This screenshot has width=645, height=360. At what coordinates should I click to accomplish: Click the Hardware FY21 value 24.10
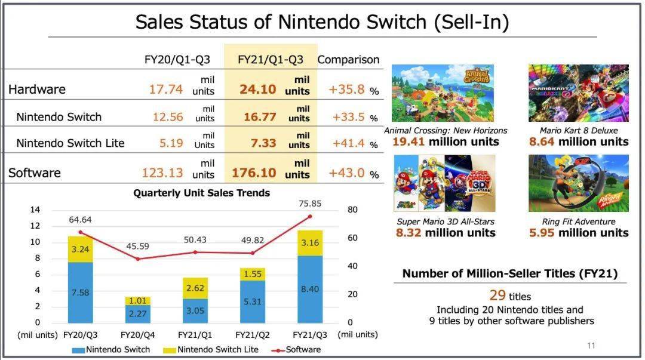click(258, 90)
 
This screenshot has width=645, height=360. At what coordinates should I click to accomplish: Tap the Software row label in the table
click(35, 173)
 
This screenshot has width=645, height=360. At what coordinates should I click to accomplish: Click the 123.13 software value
click(161, 173)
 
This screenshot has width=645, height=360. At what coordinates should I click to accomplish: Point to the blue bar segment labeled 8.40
click(309, 289)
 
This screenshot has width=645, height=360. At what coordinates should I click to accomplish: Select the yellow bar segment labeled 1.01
click(137, 301)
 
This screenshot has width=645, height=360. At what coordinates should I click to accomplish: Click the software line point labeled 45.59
click(137, 259)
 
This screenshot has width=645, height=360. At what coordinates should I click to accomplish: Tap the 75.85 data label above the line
click(309, 204)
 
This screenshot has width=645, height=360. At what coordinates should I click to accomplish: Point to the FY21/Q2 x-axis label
click(251, 334)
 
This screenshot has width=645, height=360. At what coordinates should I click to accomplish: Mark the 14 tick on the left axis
click(35, 210)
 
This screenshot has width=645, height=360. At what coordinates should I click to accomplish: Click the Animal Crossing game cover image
click(443, 93)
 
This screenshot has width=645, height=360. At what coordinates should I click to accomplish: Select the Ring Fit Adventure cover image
click(578, 183)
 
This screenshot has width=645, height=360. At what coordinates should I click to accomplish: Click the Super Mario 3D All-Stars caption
click(446, 221)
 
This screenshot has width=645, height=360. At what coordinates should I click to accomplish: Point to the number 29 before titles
click(497, 295)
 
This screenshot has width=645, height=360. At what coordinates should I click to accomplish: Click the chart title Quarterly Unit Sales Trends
click(201, 193)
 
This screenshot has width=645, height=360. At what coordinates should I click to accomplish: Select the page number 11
click(591, 345)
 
